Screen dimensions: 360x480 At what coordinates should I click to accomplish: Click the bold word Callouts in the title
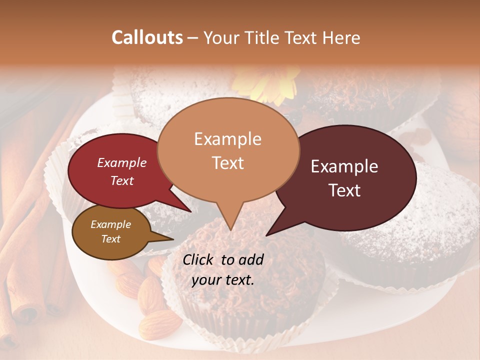click(147, 37)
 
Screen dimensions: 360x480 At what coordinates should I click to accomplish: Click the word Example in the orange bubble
click(227, 139)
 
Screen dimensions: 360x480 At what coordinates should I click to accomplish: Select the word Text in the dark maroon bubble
click(345, 190)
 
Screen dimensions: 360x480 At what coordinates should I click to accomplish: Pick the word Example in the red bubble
click(122, 162)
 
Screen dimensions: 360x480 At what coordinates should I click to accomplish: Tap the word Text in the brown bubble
click(111, 239)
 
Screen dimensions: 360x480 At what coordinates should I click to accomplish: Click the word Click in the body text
click(200, 259)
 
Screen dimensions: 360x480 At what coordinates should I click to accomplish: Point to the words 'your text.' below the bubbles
click(222, 280)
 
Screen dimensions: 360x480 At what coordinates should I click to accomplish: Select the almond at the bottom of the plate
click(160, 324)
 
